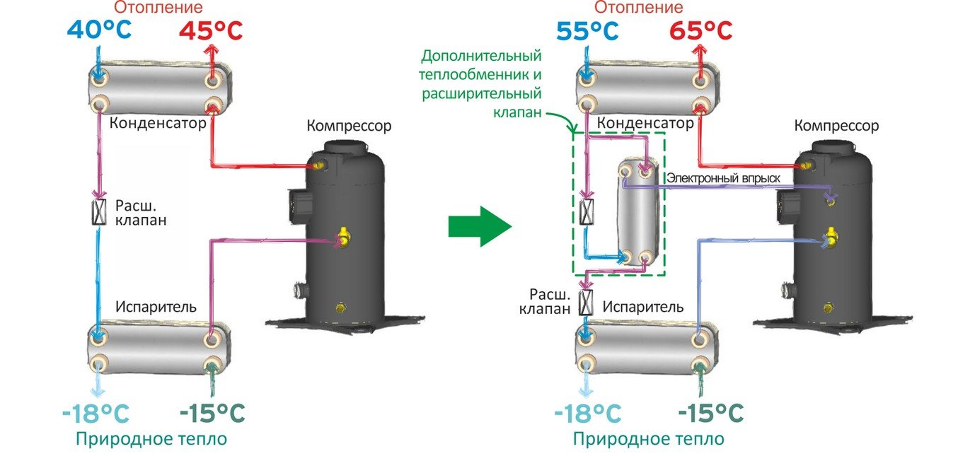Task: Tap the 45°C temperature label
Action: click(x=211, y=30)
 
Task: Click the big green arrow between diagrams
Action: click(x=479, y=226)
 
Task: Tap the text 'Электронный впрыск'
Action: click(x=723, y=179)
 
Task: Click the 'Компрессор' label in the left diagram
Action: click(x=349, y=126)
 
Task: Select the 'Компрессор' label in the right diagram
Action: click(x=836, y=126)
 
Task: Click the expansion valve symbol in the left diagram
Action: click(x=100, y=212)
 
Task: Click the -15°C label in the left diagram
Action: click(x=212, y=412)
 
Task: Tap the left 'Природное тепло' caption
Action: click(x=152, y=438)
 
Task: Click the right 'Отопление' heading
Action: click(x=639, y=8)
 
